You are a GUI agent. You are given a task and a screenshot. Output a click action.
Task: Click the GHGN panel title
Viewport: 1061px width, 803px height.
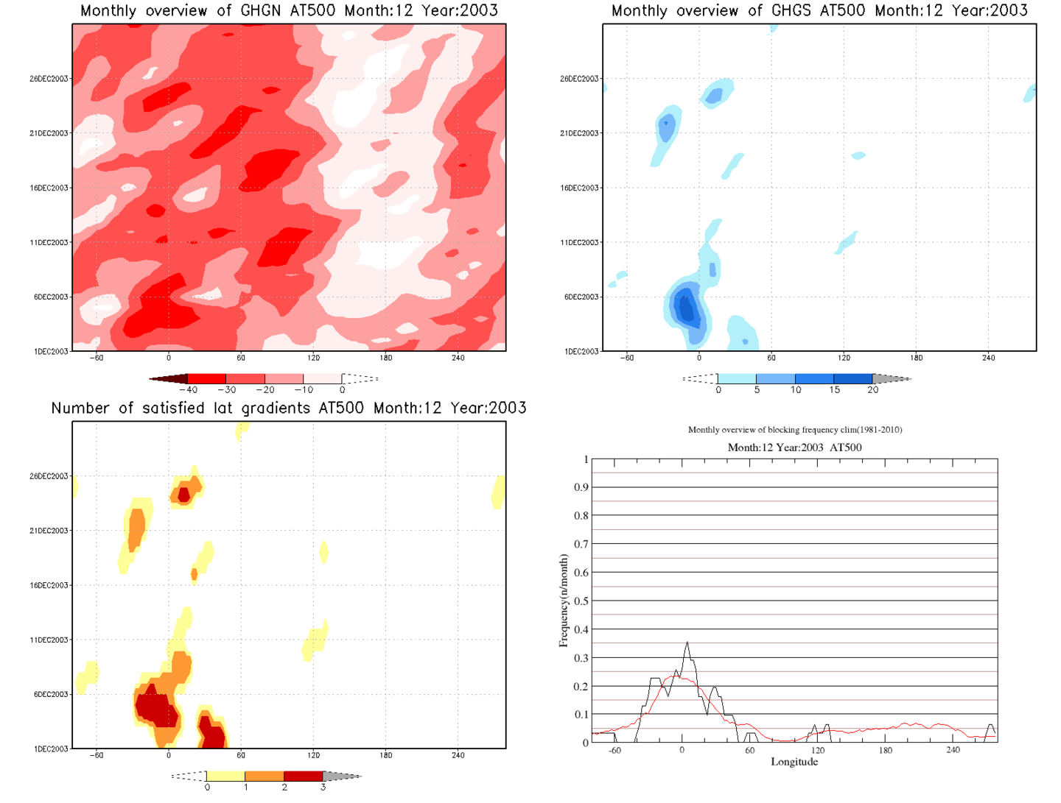[289, 10]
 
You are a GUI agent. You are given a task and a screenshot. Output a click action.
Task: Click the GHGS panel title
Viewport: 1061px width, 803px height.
[819, 10]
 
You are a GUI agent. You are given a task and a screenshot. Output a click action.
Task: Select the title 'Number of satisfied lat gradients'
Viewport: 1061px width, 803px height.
[289, 408]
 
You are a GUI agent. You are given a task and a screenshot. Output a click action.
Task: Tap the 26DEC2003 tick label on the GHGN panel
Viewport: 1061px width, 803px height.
[49, 79]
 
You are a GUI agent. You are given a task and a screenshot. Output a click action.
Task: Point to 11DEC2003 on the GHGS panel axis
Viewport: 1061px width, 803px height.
[579, 242]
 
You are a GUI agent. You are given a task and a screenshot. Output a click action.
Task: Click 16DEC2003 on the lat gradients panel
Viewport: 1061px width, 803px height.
[49, 585]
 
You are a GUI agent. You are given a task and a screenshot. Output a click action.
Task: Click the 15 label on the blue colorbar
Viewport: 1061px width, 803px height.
[834, 390]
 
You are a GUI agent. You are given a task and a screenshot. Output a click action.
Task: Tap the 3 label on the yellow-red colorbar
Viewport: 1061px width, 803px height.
[323, 788]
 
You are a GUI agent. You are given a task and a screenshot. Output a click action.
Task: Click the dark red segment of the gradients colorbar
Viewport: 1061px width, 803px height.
[303, 777]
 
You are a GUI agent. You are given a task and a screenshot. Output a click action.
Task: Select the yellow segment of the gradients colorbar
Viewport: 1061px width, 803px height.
[225, 777]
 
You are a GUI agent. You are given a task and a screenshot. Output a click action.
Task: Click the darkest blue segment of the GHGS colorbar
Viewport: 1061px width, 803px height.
[853, 379]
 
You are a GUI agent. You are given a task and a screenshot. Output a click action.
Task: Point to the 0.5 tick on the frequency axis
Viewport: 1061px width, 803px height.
[581, 601]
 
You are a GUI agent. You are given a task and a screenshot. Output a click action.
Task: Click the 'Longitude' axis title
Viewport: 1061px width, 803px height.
[794, 762]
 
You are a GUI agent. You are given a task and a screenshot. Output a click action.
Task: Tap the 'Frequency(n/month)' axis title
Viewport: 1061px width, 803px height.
[564, 601]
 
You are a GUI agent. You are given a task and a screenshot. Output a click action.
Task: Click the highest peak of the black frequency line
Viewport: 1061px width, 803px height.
[687, 643]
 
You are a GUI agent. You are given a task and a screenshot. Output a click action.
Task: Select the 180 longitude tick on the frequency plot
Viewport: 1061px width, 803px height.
[885, 751]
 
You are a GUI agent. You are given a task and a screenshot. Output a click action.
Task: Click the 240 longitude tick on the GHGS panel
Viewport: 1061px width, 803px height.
[988, 358]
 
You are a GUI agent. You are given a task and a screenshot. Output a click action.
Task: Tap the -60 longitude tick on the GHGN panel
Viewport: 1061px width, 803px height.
[97, 358]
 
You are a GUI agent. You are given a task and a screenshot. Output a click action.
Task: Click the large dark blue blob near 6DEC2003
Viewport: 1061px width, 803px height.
[687, 308]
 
